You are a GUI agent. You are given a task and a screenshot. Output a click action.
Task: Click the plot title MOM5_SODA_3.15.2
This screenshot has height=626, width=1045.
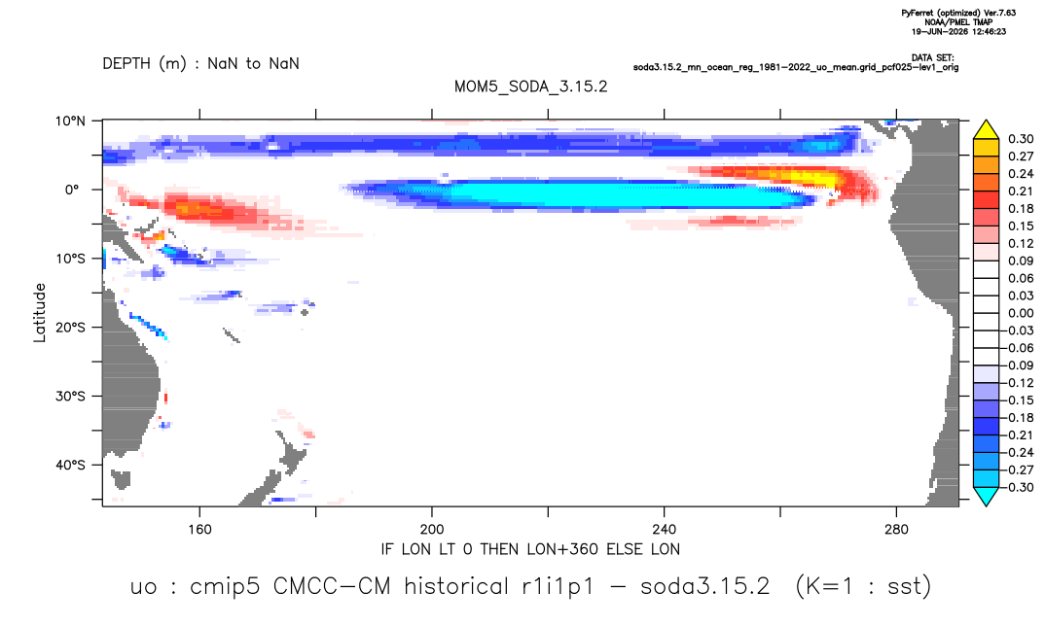(530, 87)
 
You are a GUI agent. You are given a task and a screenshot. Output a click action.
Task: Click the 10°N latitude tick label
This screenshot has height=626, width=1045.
(70, 122)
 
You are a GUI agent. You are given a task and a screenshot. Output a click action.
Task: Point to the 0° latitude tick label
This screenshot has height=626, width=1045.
(72, 190)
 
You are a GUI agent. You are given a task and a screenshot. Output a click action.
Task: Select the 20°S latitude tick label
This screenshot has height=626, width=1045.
(70, 327)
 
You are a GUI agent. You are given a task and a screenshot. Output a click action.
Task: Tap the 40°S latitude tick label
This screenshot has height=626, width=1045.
(70, 465)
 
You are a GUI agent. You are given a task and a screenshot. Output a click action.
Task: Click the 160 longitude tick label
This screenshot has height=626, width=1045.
(199, 530)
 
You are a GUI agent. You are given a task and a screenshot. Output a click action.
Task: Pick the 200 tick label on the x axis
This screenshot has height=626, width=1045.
(432, 530)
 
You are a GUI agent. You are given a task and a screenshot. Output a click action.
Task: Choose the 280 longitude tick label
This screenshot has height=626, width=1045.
(896, 530)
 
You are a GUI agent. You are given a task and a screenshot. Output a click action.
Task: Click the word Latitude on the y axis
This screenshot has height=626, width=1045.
(40, 312)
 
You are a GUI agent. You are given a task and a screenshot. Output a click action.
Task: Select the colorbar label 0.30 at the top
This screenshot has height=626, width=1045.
(1021, 139)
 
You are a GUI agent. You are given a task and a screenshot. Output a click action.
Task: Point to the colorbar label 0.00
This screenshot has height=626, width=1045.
(1021, 313)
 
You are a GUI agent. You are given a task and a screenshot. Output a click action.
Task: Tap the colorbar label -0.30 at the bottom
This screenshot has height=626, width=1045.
(1019, 487)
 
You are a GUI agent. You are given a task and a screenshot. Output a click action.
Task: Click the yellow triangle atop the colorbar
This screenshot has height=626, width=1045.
(986, 130)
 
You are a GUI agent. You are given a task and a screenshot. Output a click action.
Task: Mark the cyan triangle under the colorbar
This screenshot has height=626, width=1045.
(986, 496)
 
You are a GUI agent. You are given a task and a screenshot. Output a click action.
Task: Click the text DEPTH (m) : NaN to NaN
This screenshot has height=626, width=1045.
(200, 64)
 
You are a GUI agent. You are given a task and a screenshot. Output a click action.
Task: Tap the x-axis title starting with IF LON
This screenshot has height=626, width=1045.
(530, 549)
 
